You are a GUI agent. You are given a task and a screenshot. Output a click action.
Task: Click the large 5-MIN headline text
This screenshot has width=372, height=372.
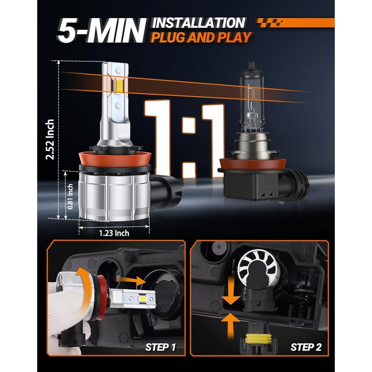tap(101, 31)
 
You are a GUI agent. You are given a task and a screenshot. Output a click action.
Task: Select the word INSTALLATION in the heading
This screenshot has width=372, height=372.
tap(199, 23)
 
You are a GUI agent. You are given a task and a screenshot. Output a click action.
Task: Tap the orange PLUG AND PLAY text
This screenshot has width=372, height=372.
tap(201, 38)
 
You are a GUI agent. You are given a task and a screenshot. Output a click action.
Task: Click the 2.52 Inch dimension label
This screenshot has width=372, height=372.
tap(50, 139)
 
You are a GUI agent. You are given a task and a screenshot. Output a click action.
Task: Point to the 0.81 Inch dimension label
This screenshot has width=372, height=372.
tap(70, 197)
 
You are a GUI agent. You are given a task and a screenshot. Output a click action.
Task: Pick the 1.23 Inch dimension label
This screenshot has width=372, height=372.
tap(114, 233)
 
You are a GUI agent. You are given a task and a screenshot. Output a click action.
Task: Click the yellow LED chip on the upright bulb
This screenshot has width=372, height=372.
tap(120, 86)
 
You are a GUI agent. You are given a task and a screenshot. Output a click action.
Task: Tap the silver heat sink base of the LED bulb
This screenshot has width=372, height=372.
tap(114, 196)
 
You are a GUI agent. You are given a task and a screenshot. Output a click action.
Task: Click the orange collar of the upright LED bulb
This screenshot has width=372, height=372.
tap(115, 159)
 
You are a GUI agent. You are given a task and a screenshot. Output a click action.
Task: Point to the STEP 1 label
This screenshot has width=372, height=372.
tap(160, 347)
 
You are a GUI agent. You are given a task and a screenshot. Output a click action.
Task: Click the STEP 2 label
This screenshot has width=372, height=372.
tap(306, 347)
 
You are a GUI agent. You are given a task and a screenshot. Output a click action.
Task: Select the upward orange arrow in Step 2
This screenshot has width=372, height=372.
tap(230, 326)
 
